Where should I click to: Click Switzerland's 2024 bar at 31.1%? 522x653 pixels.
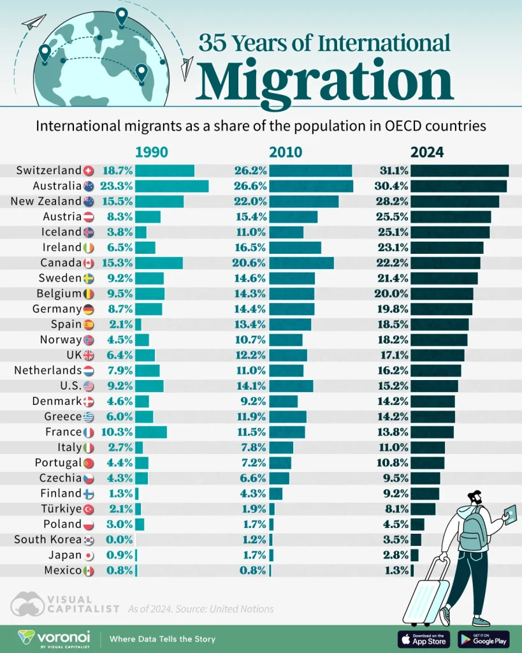(459, 170)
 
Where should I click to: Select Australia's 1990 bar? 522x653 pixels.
(171, 186)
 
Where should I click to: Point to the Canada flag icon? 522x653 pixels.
(89, 263)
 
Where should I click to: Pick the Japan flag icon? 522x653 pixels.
(89, 555)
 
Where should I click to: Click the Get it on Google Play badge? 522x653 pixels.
(483, 638)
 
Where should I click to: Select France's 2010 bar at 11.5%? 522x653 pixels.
(287, 432)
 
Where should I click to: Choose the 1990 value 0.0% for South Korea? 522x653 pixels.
(120, 539)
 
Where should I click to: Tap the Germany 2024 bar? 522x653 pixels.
(441, 309)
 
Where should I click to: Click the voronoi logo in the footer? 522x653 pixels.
(54, 638)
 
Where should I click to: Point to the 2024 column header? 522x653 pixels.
(426, 152)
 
